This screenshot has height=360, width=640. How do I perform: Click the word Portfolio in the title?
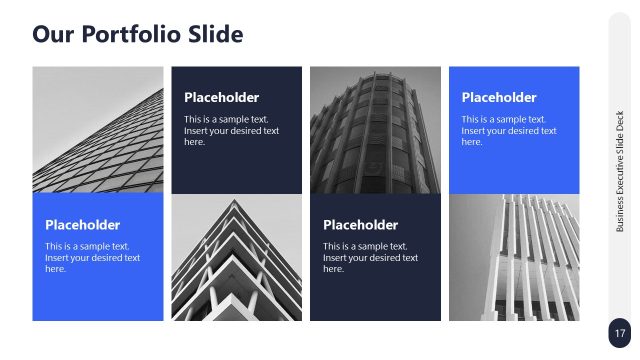pos(136,35)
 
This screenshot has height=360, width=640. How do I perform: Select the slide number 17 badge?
pos(619,333)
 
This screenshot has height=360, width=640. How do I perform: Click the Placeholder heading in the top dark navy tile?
pos(221,98)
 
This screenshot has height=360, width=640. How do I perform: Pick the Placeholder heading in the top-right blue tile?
pos(498,98)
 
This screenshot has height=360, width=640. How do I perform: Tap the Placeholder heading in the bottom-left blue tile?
pos(82,225)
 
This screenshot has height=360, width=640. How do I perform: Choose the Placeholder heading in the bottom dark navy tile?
pos(360,225)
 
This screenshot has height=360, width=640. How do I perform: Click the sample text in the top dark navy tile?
pos(231,130)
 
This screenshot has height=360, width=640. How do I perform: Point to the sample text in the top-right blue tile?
pos(508,130)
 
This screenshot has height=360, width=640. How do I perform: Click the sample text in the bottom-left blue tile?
pos(92,257)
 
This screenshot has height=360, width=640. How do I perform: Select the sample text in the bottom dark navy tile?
pos(370,257)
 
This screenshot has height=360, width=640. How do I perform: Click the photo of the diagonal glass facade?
pos(97,129)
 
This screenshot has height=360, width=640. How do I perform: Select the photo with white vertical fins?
pos(514,257)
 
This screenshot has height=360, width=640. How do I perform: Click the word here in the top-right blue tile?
pos(472,142)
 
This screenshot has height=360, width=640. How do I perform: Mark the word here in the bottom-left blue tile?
pos(56,269)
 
